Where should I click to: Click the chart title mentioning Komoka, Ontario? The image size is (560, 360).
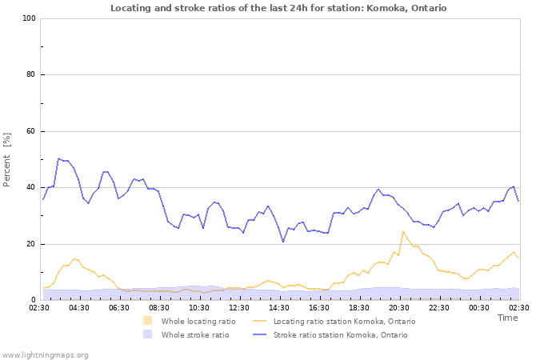(278, 8)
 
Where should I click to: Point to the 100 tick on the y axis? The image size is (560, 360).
(28, 18)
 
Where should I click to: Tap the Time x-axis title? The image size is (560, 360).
(507, 318)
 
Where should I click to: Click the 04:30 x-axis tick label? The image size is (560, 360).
(79, 307)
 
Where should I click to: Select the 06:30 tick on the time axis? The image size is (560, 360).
(119, 307)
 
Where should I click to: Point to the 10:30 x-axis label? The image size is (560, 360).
(199, 307)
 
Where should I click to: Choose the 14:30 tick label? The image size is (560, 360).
(279, 307)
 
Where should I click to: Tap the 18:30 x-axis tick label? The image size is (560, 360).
(359, 307)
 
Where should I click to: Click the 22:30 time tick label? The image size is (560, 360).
(439, 307)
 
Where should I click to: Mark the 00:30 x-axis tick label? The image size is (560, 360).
(479, 307)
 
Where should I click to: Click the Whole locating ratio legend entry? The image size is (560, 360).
(198, 321)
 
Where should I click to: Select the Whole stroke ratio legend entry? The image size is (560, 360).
(194, 334)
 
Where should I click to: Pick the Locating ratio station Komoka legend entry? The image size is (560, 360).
(344, 321)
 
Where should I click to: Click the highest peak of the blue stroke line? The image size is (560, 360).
(58, 158)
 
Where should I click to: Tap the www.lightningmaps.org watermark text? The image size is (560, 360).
(46, 354)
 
